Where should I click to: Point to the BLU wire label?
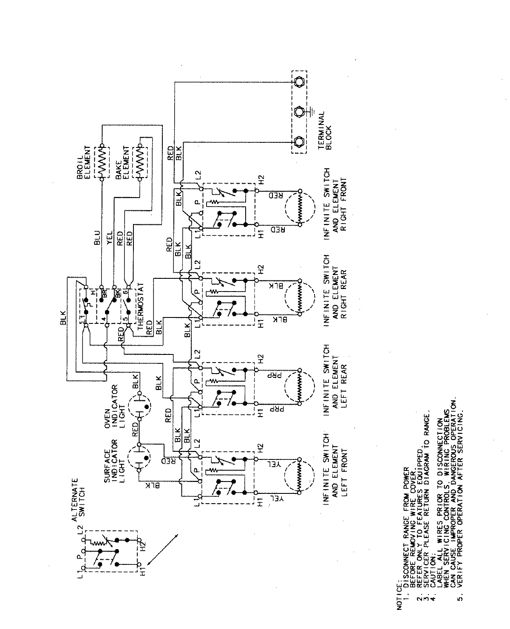[97, 238]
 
